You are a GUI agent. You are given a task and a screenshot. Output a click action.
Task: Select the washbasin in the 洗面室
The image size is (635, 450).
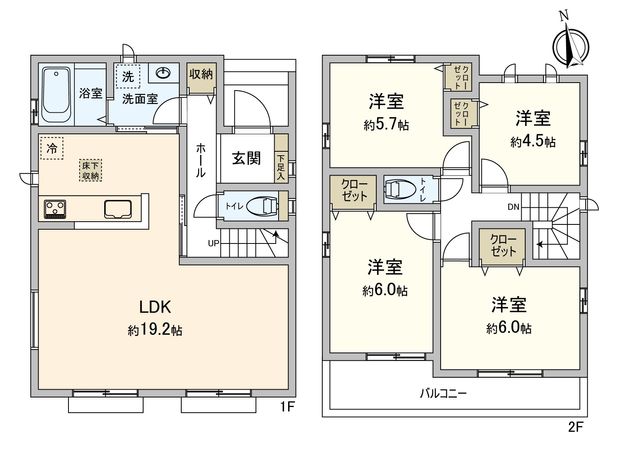click(163, 74)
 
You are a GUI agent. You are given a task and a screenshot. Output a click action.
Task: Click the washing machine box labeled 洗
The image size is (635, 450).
click(127, 77)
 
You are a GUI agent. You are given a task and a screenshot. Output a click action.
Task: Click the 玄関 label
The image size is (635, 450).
click(247, 158)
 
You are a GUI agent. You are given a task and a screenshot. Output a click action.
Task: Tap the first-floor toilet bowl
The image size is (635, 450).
click(263, 204)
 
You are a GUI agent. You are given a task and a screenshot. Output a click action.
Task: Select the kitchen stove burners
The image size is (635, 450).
click(54, 210)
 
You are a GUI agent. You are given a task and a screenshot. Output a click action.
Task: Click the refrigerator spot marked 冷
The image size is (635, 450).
click(50, 148)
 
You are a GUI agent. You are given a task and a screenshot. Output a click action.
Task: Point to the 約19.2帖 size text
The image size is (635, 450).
click(153, 331)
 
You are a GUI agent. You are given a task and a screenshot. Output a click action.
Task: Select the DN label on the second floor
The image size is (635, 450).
click(514, 207)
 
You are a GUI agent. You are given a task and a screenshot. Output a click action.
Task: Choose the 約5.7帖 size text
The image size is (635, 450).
click(385, 125)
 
